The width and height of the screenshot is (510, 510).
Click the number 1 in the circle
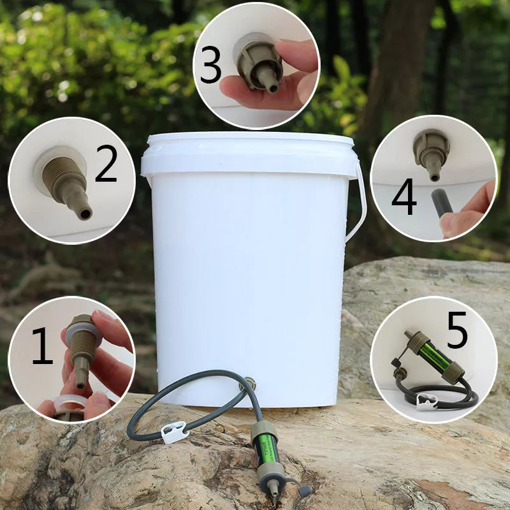coord(42,346)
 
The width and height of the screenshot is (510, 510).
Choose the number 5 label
coord(457,331)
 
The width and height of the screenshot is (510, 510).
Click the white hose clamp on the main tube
coord(173,433)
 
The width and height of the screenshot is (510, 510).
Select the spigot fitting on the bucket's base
coord(249,384)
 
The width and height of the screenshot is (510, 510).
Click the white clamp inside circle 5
coord(426,400)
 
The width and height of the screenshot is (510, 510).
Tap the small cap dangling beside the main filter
coord(305,491)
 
